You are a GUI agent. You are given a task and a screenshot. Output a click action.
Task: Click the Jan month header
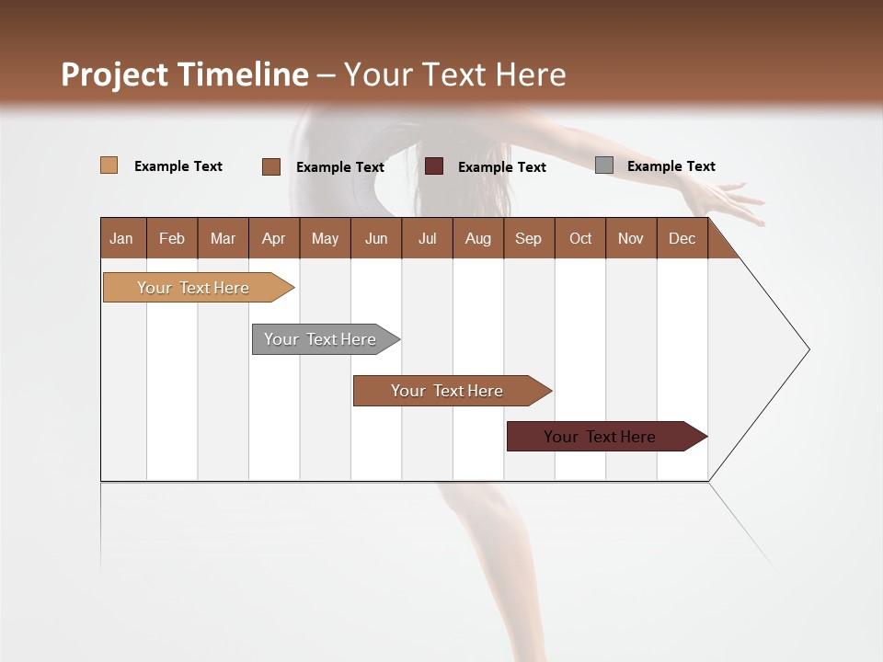coord(121,238)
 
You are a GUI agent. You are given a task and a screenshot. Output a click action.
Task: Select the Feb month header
coord(172,238)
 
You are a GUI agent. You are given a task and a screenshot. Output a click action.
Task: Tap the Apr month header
coord(273,238)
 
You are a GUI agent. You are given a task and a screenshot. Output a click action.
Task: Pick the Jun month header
coord(376,238)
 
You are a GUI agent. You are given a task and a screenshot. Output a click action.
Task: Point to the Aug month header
coord(477,238)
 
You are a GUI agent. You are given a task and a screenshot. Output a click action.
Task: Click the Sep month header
coord(528,238)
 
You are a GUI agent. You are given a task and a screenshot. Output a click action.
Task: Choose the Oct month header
coord(580,238)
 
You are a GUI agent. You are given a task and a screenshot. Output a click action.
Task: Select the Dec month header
coord(682,238)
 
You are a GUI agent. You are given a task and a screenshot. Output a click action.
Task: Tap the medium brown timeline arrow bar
coord(448,391)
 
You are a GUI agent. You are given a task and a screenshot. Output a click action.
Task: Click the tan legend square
coord(109,165)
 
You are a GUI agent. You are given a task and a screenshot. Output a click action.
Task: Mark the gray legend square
coord(603,165)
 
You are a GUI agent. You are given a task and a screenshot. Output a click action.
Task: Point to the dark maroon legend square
coord(434,165)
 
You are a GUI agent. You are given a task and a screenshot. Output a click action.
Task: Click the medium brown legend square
coord(270,166)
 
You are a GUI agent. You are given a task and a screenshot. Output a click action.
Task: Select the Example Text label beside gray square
coord(671,166)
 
